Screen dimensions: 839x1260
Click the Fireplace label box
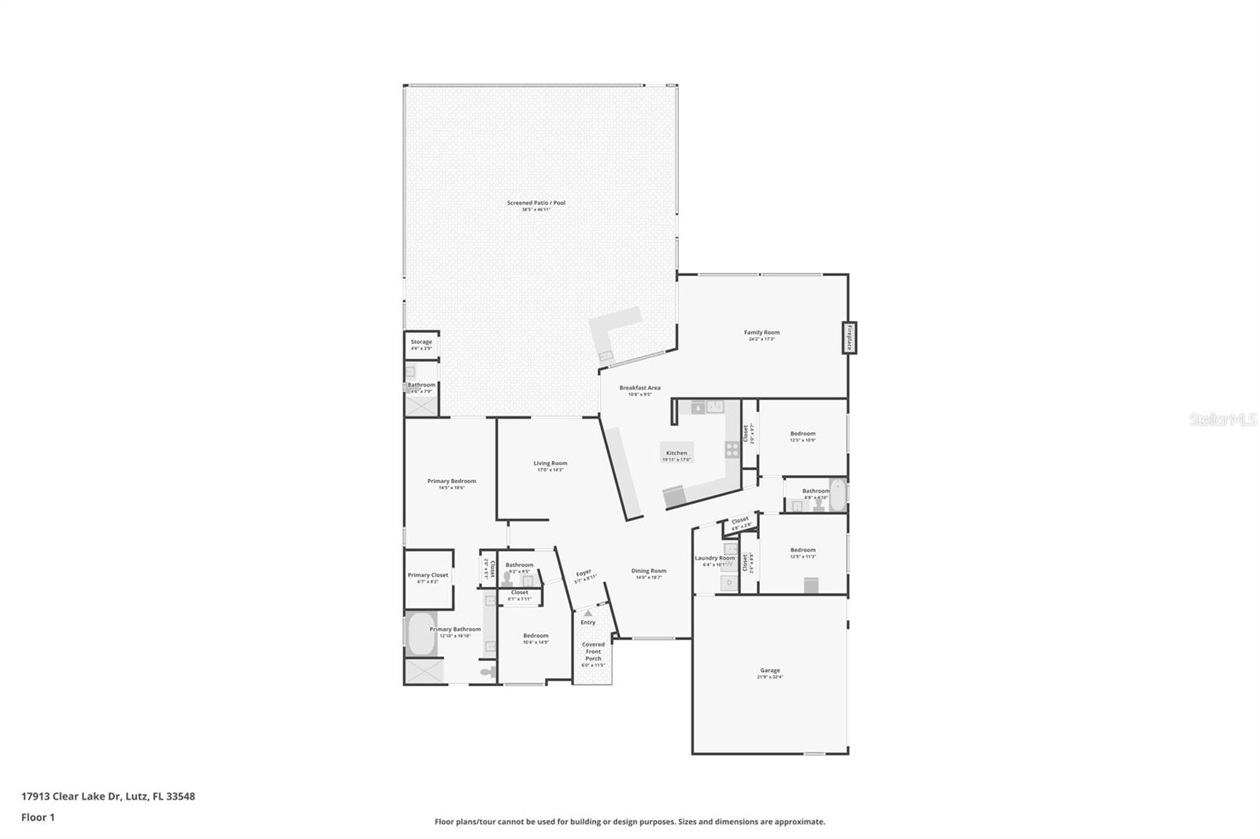pos(850,338)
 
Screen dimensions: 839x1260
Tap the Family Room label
pos(762,333)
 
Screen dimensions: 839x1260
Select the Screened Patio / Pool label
pos(535,203)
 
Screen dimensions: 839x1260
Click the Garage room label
pos(769,671)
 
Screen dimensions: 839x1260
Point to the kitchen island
pos(676,452)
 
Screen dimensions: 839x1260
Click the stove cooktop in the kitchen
pos(732,449)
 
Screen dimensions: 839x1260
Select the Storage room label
pos(421,342)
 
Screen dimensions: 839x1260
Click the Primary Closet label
pos(428,575)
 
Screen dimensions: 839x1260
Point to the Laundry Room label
pos(714,559)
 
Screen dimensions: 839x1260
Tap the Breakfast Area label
pos(639,388)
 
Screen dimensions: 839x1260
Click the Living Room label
pos(550,464)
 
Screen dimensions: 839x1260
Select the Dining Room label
pos(649,571)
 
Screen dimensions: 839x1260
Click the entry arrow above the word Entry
pos(587,613)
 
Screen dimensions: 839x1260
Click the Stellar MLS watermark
pos(1222,420)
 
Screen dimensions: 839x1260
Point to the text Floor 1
pos(38,818)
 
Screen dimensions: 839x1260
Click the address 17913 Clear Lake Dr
pos(71,796)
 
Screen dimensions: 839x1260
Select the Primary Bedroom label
pos(451,481)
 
